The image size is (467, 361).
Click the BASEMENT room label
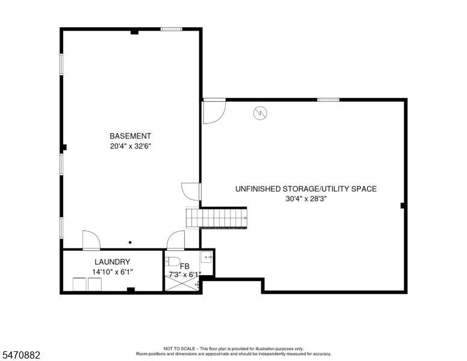tap(130, 136)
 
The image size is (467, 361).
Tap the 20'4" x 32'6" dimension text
tap(129, 146)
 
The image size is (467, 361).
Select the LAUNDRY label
tap(113, 262)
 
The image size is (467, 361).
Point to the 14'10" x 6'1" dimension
tap(113, 272)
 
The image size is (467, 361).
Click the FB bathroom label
tap(185, 267)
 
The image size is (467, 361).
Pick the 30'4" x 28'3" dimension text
tap(306, 199)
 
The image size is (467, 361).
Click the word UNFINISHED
tap(258, 189)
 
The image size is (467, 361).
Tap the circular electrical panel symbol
tap(260, 113)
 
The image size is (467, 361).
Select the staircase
tap(217, 218)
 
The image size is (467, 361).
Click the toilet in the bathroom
tap(173, 261)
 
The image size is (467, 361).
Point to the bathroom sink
tap(206, 257)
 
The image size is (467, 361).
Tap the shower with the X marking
tap(182, 283)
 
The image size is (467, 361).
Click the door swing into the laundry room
tap(91, 240)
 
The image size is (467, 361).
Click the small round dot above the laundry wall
tap(130, 242)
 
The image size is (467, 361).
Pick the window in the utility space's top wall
tap(328, 100)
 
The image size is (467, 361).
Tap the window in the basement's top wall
tap(172, 29)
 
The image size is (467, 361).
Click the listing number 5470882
tap(21, 355)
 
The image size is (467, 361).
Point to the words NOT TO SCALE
tap(179, 348)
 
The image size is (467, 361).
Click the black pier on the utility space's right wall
tap(403, 206)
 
